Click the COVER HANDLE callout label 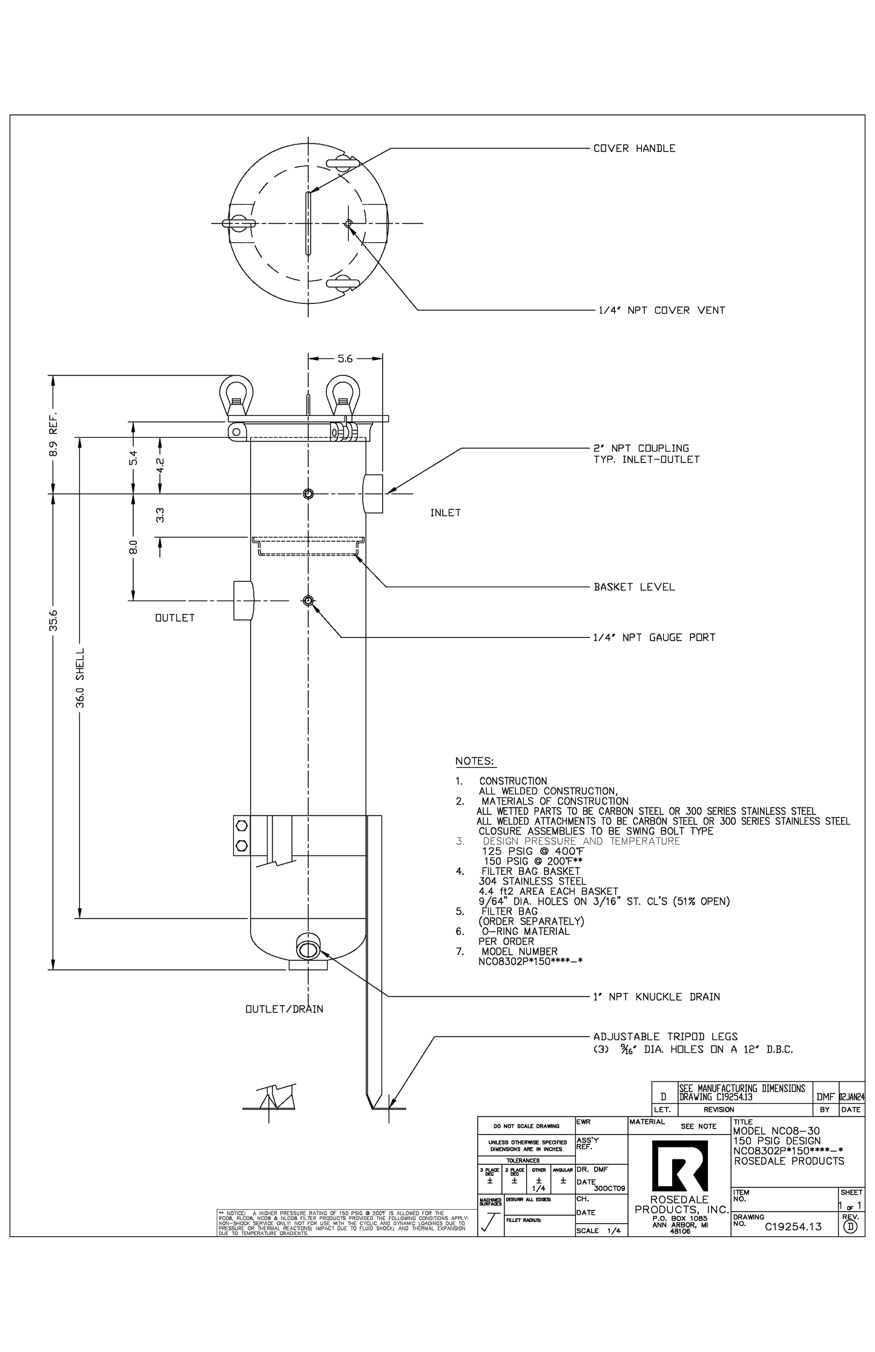(x=634, y=148)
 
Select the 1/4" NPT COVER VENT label (x=661, y=311)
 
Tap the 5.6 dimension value (x=345, y=359)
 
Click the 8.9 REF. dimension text (x=53, y=434)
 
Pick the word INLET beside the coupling (x=445, y=513)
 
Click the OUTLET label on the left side (x=175, y=618)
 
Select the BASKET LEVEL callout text (x=634, y=587)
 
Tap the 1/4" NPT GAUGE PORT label (x=654, y=638)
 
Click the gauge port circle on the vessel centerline (x=308, y=601)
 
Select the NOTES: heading (x=475, y=761)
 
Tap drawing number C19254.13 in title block (x=793, y=1227)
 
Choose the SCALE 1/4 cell (x=601, y=1230)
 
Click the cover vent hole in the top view (x=348, y=223)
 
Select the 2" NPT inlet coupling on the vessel (x=373, y=494)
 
